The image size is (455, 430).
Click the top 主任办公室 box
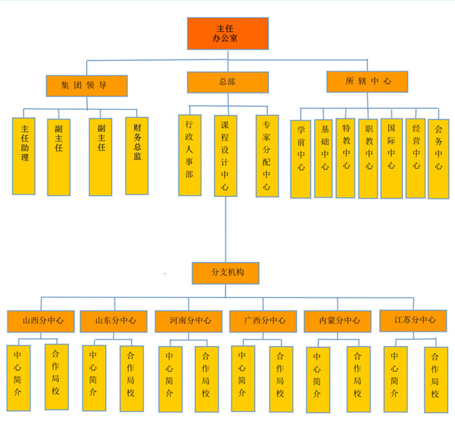pyautogui.click(x=227, y=33)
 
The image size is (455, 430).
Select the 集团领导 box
pyautogui.click(x=87, y=85)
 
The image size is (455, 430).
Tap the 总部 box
pyautogui.click(x=227, y=82)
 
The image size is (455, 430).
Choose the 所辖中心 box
pyautogui.click(x=368, y=81)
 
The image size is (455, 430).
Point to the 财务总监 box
pyautogui.click(x=137, y=155)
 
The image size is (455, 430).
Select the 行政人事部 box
pyautogui.click(x=189, y=155)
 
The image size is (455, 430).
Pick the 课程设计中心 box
pyautogui.click(x=226, y=155)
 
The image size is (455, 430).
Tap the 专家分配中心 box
pyautogui.click(x=267, y=155)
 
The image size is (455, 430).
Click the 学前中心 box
pyautogui.click(x=301, y=159)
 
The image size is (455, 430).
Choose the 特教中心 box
pyautogui.click(x=345, y=158)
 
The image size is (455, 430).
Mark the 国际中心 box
pyautogui.click(x=391, y=159)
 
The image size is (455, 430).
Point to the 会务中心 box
pyautogui.click(x=438, y=159)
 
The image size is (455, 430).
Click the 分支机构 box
pyautogui.click(x=225, y=273)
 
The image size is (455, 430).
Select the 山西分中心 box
pyautogui.click(x=41, y=320)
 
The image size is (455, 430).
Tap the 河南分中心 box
pyautogui.click(x=188, y=320)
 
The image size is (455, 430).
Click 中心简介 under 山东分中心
pyautogui.click(x=93, y=378)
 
